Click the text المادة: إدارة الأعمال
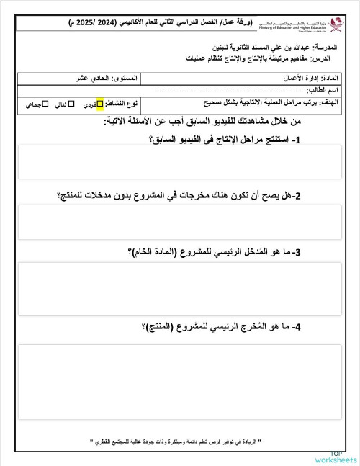point(310,77)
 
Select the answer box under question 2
point(180,222)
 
